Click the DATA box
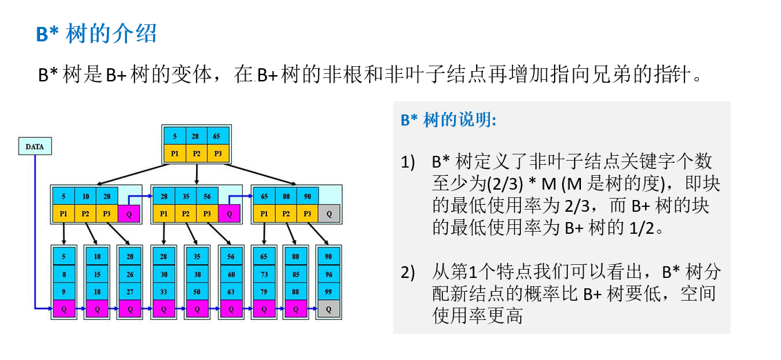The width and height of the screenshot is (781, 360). [x=34, y=146]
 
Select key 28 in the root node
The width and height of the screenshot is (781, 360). [x=197, y=137]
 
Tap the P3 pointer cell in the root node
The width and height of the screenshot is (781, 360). [x=217, y=152]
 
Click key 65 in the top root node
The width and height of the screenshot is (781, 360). [x=217, y=137]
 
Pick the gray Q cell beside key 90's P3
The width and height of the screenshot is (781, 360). [x=329, y=214]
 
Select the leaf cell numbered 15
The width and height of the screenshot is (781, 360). [x=97, y=274]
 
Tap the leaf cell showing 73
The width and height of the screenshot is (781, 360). [x=262, y=274]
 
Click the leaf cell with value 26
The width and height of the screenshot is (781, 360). [x=130, y=274]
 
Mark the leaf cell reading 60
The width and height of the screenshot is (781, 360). [x=230, y=274]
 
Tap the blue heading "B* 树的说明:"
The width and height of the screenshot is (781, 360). [x=448, y=119]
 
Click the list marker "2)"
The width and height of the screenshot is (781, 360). [x=408, y=272]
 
